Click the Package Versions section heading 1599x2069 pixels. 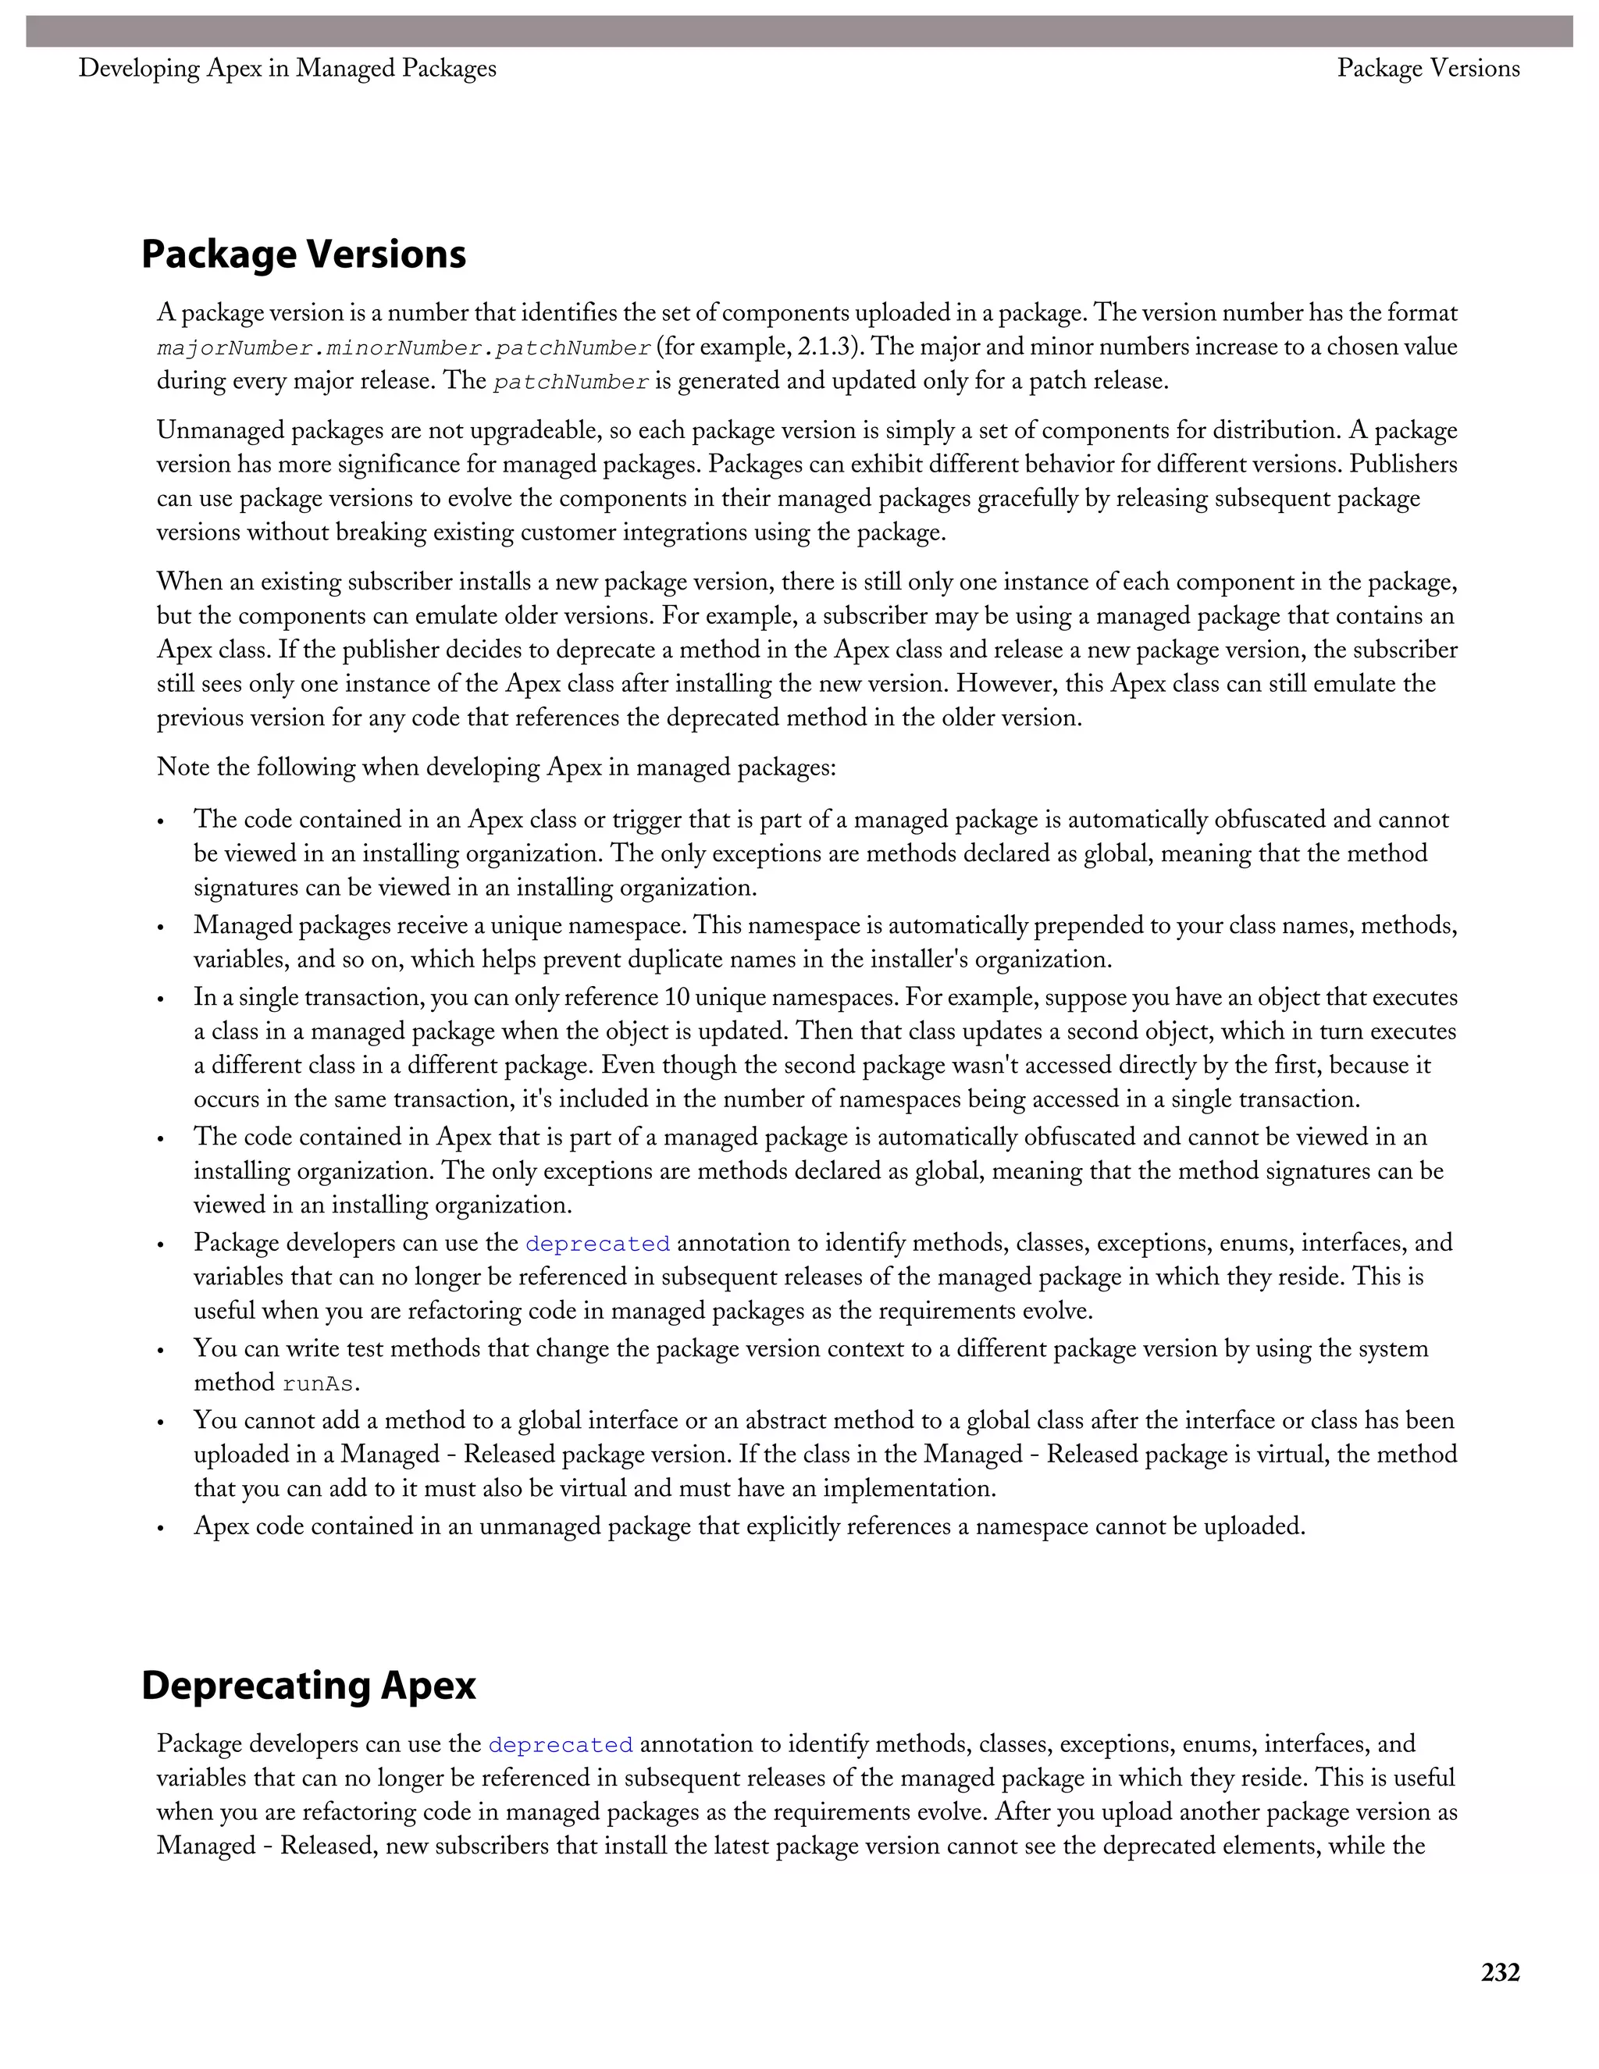pos(303,255)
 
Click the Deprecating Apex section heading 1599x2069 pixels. pos(308,1686)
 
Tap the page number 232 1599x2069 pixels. pos(1500,1972)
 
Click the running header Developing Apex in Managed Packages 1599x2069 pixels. pos(287,68)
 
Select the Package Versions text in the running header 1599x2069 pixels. pos(1427,68)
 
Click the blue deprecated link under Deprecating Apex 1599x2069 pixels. pos(560,1745)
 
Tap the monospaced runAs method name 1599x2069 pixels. pos(319,1384)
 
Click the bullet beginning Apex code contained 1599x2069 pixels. pos(161,1527)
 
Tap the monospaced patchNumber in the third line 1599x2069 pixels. pos(572,383)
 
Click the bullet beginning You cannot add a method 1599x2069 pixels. pos(161,1421)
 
